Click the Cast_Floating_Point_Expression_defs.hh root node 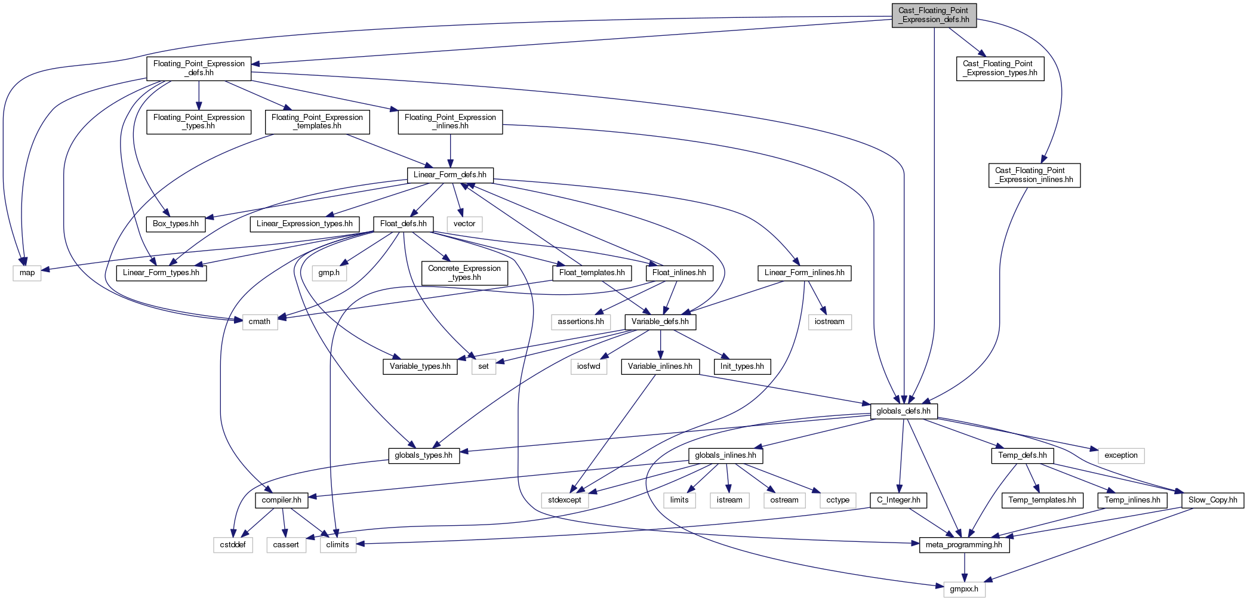click(x=934, y=16)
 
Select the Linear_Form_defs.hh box click(x=450, y=175)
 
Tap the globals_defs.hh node click(x=904, y=411)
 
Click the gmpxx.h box click(x=964, y=589)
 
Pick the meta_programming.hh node click(x=964, y=545)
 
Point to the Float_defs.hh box click(x=404, y=224)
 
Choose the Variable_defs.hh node click(x=660, y=322)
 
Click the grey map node click(x=27, y=273)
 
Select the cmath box click(x=260, y=322)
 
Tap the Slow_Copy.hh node click(x=1213, y=500)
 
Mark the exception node click(x=1121, y=455)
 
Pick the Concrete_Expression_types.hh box click(x=464, y=273)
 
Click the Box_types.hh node click(x=175, y=224)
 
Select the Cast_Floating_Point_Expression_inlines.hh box click(x=1034, y=175)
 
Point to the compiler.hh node click(x=282, y=500)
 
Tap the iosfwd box click(x=589, y=366)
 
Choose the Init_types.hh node click(x=742, y=366)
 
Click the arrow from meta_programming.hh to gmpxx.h click(x=964, y=567)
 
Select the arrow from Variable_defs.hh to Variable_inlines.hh click(x=660, y=344)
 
